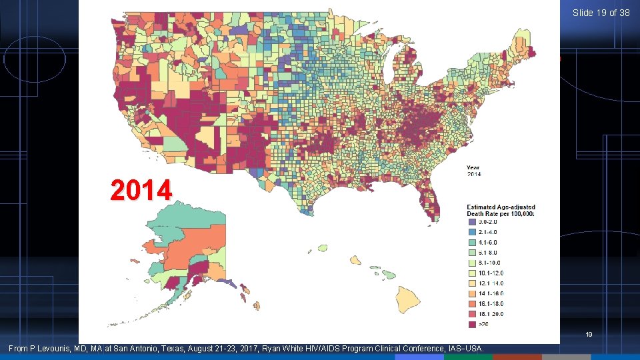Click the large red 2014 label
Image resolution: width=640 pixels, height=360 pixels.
[x=141, y=191]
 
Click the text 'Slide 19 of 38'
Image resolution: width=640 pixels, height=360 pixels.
[x=601, y=13]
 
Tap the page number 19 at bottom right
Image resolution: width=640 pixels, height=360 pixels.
[x=589, y=335]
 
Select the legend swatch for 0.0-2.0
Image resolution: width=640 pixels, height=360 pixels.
[x=471, y=221]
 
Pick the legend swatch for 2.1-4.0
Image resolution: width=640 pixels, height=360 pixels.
[x=471, y=232]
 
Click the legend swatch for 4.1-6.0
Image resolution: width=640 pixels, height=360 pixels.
[x=471, y=242]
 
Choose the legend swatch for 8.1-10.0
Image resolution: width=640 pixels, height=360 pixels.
[x=471, y=263]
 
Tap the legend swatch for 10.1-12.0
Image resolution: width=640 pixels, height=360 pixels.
[x=471, y=273]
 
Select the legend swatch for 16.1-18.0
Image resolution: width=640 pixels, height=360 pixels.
[x=471, y=303]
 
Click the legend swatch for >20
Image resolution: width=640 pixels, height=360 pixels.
[x=471, y=324]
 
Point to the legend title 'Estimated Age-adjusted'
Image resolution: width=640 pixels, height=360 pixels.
[x=501, y=207]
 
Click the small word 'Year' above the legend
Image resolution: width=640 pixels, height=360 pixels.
[x=473, y=168]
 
